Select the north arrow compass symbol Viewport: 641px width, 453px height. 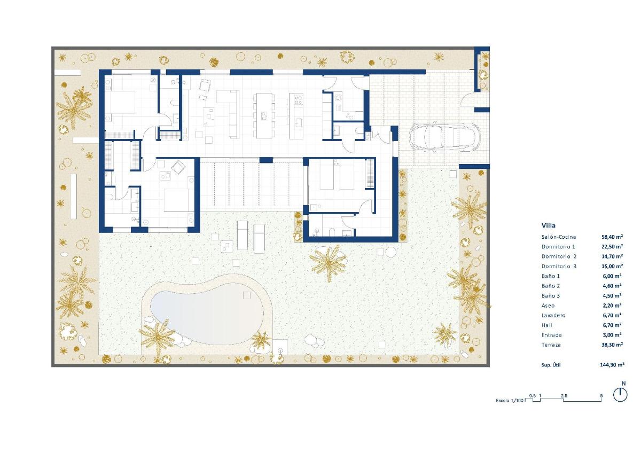pyautogui.click(x=620, y=394)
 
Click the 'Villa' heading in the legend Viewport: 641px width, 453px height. pyautogui.click(x=548, y=225)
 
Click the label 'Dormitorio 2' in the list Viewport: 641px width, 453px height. pyautogui.click(x=558, y=256)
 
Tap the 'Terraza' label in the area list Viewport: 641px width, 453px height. pyautogui.click(x=552, y=345)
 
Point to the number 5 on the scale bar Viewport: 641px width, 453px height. pyautogui.click(x=601, y=395)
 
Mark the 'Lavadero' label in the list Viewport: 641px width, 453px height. pyautogui.click(x=553, y=315)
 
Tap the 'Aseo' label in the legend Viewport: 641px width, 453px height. pyautogui.click(x=548, y=306)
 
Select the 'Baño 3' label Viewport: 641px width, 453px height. pyautogui.click(x=551, y=295)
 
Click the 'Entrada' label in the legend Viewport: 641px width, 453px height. pyautogui.click(x=552, y=335)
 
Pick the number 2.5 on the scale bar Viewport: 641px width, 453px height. pyautogui.click(x=564, y=395)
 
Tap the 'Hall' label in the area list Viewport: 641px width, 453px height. pyautogui.click(x=546, y=325)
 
